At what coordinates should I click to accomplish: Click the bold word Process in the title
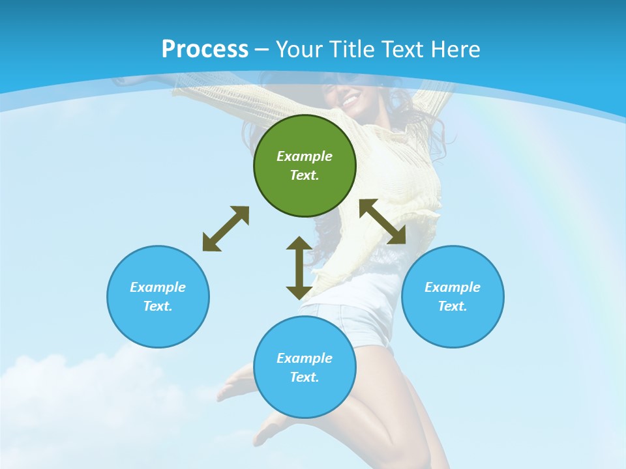coord(205,50)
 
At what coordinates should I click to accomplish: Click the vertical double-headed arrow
coord(299,268)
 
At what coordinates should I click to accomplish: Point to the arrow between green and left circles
coord(226,229)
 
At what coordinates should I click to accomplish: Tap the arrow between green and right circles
coord(383,221)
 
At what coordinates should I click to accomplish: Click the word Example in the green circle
coord(305,156)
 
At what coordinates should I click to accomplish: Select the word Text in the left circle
coord(158,306)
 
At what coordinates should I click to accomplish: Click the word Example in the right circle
coord(453,287)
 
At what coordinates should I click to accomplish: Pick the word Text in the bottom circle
coord(305,377)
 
